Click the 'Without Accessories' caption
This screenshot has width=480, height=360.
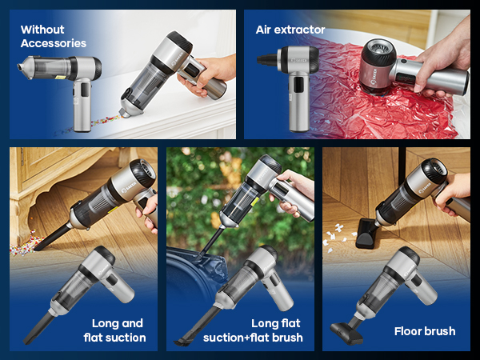pyautogui.click(x=53, y=36)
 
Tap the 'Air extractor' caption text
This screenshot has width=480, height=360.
pyautogui.click(x=290, y=30)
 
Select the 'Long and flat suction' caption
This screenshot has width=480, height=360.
pyautogui.click(x=118, y=330)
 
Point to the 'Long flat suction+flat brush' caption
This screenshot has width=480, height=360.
pyautogui.click(x=277, y=330)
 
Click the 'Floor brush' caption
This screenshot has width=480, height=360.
pyautogui.click(x=424, y=330)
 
